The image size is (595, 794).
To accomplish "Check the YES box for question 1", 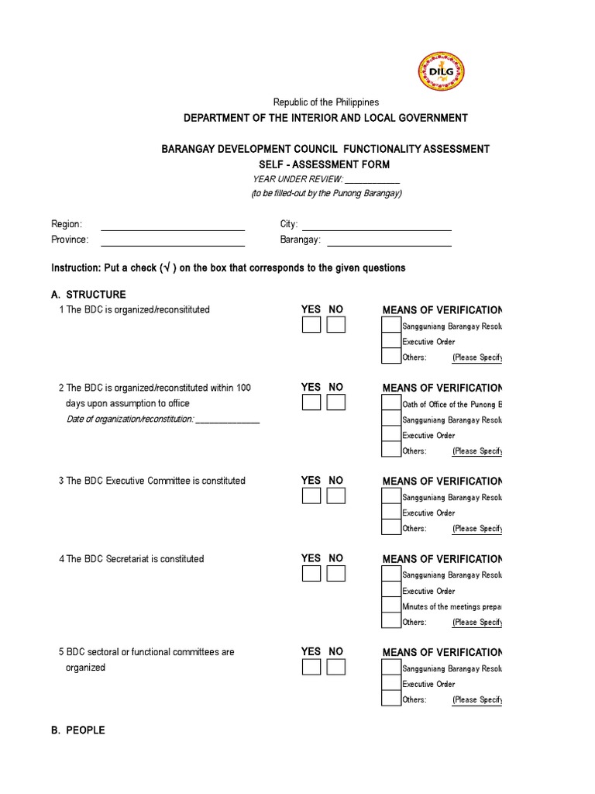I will coord(311,325).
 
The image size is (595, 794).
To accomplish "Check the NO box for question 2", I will coord(335,402).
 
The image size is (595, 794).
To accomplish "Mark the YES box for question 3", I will coord(311,496).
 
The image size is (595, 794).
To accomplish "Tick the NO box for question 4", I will coord(335,574).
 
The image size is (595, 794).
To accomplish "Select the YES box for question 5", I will coord(311,668).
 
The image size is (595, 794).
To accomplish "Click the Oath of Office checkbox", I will coord(391,404).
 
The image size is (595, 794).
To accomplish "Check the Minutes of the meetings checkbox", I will coord(391,606).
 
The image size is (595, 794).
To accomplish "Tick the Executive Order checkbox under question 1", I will coord(391,341).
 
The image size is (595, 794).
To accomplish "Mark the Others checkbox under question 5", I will coord(391,699).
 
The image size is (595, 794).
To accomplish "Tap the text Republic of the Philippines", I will coord(325,102).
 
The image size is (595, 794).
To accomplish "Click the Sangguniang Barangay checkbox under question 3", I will coord(391,497).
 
